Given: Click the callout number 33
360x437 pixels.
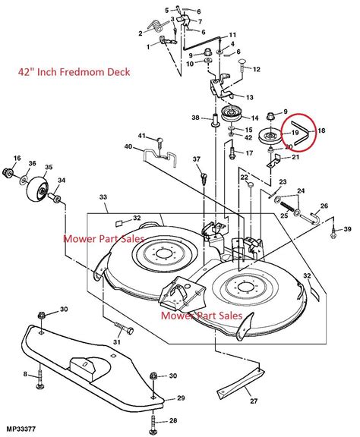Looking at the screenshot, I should point(103,198).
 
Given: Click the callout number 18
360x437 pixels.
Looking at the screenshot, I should point(321,130).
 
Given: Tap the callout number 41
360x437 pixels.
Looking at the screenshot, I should point(141,137).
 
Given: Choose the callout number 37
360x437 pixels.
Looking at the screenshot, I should point(196,159).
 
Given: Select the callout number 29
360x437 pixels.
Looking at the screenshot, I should point(180,398).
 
